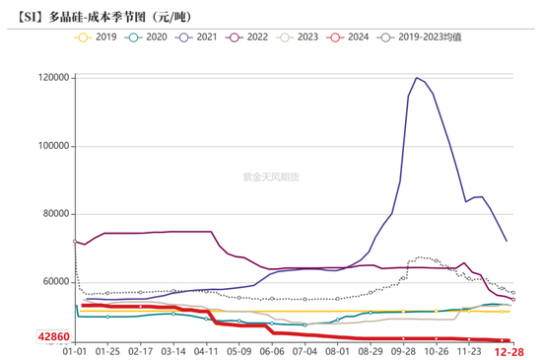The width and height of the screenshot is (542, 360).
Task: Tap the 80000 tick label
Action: click(52, 214)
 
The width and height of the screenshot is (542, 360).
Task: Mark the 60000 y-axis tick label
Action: click(52, 282)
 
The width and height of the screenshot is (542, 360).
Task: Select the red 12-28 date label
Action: click(508, 350)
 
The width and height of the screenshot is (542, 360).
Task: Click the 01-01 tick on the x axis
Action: click(74, 350)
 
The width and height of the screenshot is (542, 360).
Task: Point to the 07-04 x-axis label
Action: click(305, 350)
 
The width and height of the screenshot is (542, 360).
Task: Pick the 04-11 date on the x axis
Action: click(206, 350)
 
